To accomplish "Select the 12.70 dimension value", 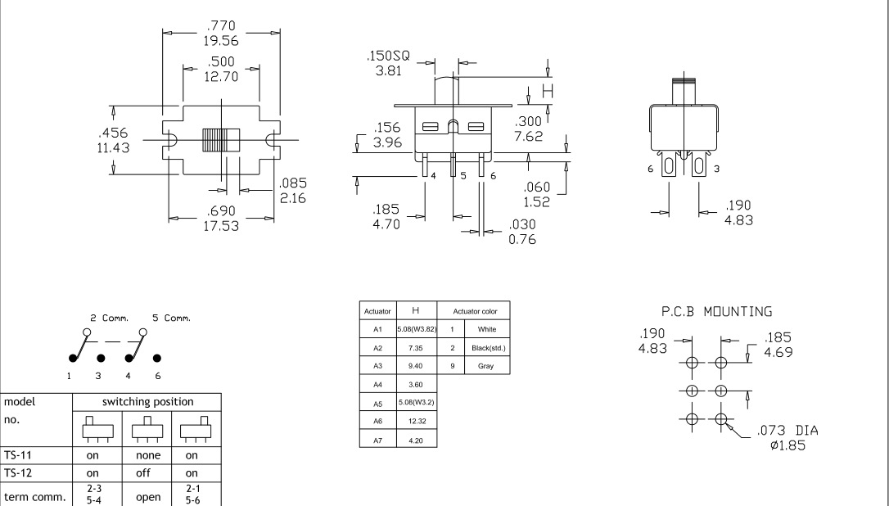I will pyautogui.click(x=221, y=77).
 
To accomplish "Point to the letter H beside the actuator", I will pyautogui.click(x=548, y=92).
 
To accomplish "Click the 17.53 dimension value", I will pyautogui.click(x=221, y=226).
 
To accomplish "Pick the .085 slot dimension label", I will pyautogui.click(x=293, y=183).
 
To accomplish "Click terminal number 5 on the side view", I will pyautogui.click(x=463, y=176).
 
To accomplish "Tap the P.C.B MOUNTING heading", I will pyautogui.click(x=716, y=312).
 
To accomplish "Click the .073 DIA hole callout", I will pyautogui.click(x=787, y=431).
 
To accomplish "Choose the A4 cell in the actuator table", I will pyautogui.click(x=378, y=383).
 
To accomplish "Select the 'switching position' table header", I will pyautogui.click(x=147, y=402).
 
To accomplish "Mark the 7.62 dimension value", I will pyautogui.click(x=528, y=137).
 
